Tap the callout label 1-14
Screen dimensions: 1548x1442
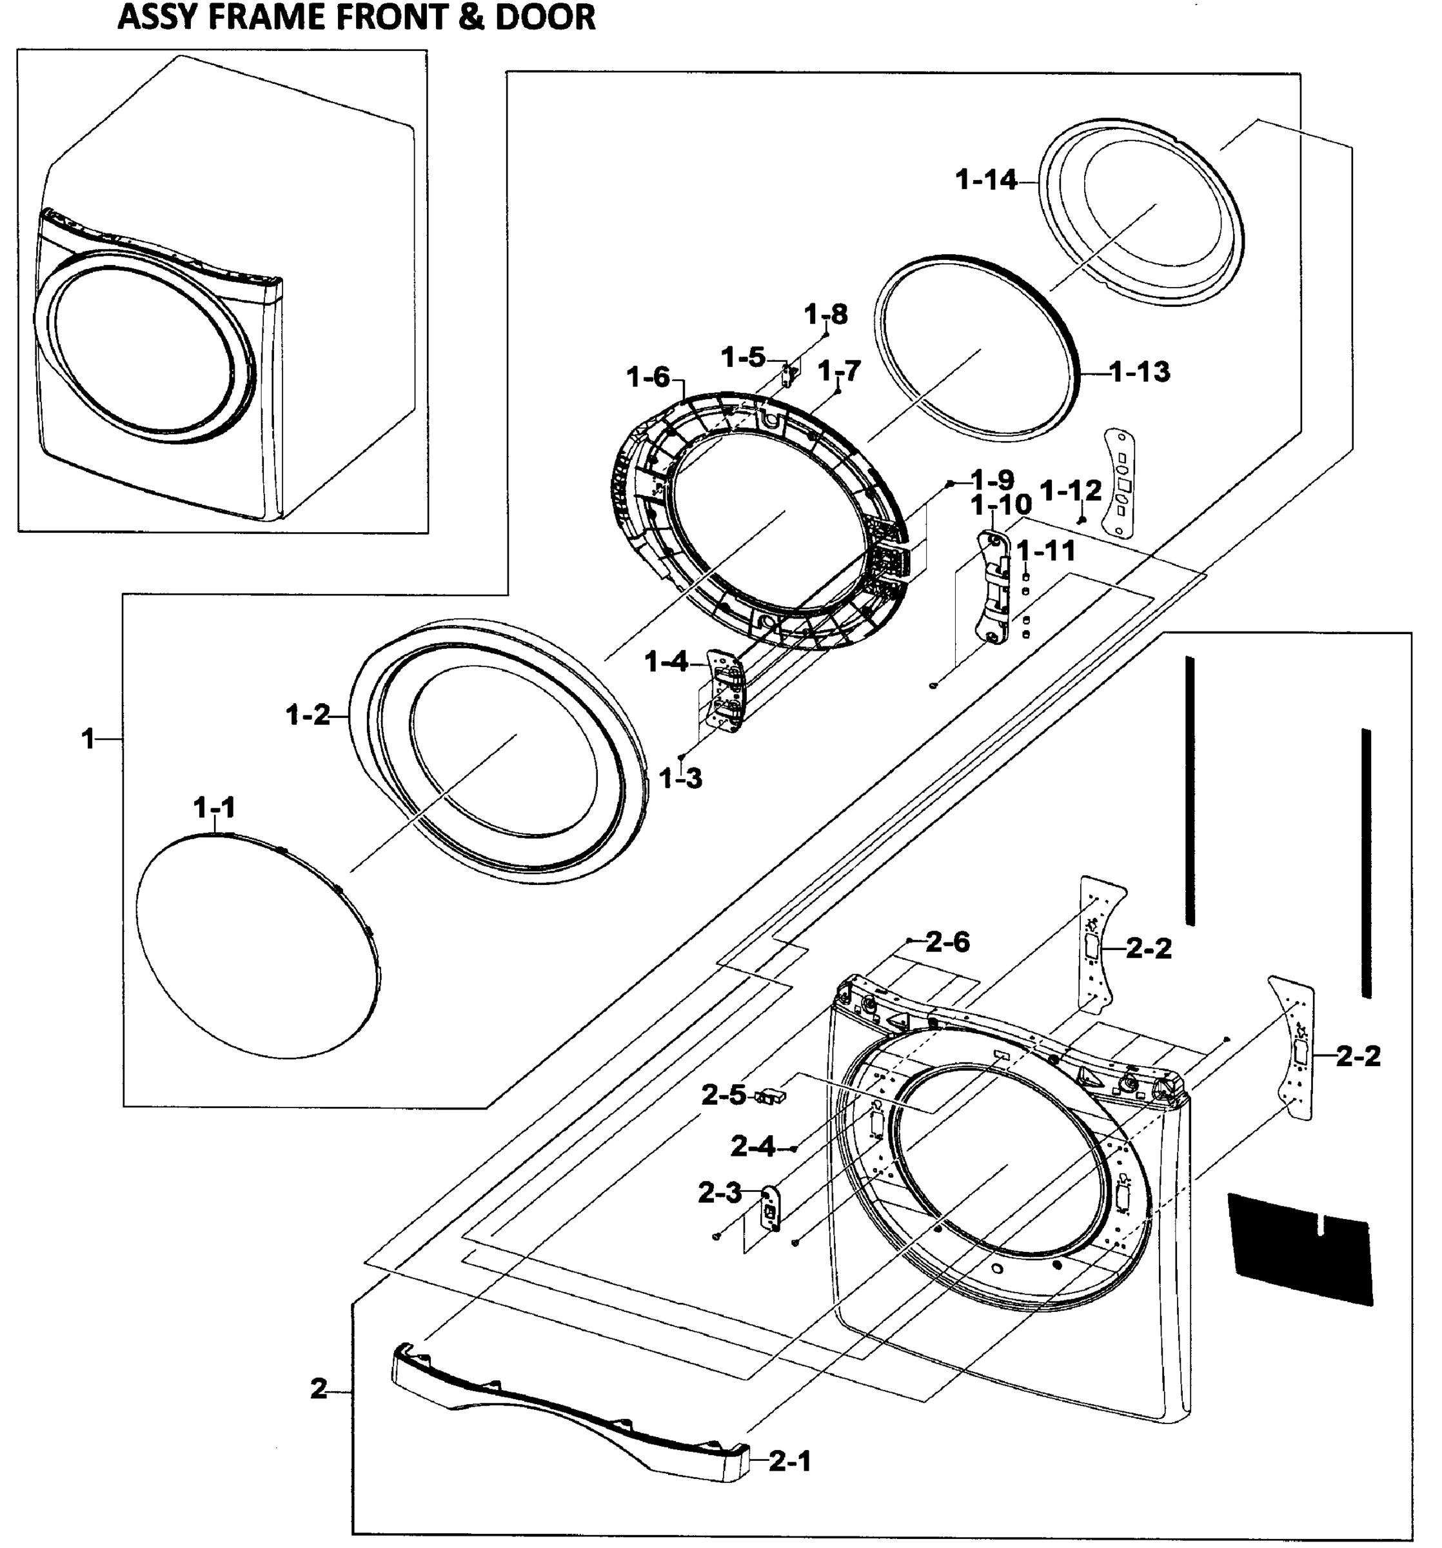click(985, 180)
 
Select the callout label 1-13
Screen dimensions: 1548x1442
click(1139, 372)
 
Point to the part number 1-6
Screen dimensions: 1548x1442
click(648, 378)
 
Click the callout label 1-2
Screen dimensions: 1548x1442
click(308, 715)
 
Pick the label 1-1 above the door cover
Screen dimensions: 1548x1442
click(214, 808)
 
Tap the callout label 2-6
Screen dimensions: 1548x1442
click(947, 942)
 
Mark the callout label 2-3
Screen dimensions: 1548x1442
click(720, 1192)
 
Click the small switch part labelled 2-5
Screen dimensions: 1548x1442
click(769, 1097)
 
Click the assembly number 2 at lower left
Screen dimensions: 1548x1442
click(319, 1389)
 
